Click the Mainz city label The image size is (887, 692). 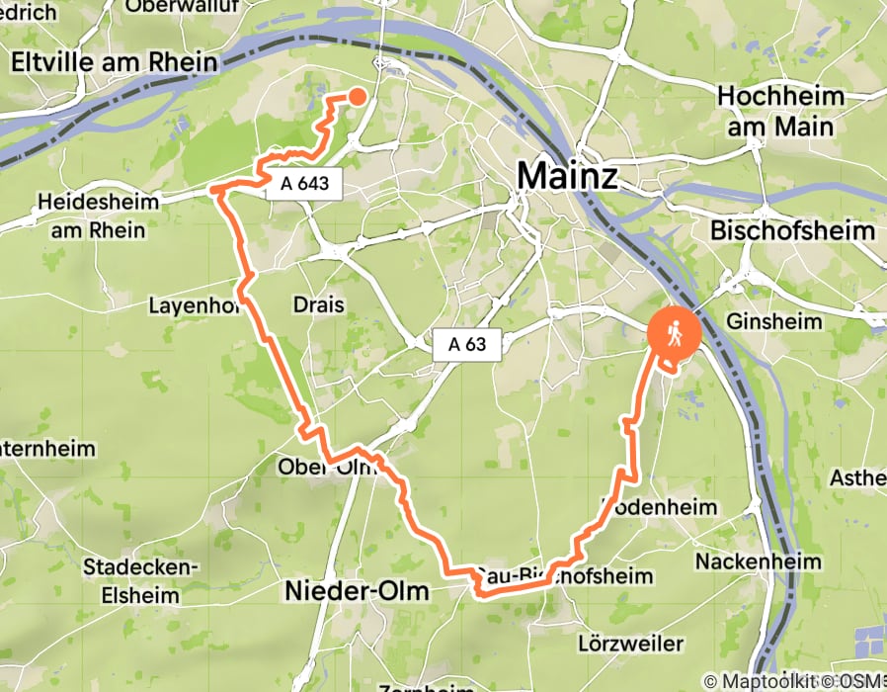(x=567, y=177)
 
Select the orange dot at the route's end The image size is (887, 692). (x=357, y=96)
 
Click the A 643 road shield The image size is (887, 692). (x=303, y=183)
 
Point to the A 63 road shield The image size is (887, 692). (x=467, y=345)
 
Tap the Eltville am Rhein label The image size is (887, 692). (x=114, y=62)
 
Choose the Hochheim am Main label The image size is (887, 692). (x=781, y=112)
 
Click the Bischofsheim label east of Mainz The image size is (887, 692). (x=792, y=230)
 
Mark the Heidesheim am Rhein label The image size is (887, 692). (x=91, y=216)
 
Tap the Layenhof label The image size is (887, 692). (x=195, y=305)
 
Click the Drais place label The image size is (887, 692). (x=319, y=305)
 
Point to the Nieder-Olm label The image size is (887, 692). (x=357, y=591)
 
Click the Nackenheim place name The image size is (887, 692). (x=771, y=562)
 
